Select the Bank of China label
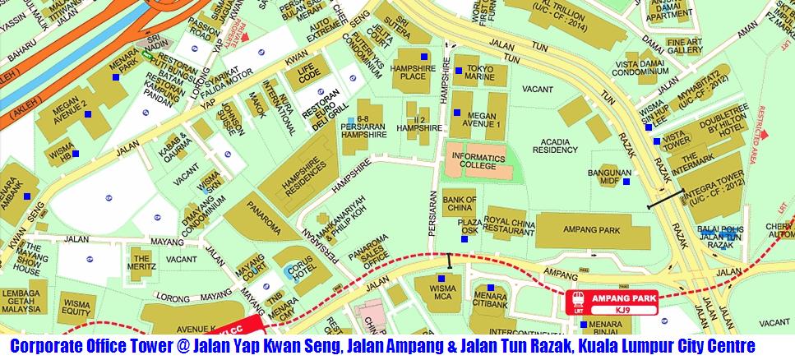(x=460, y=204)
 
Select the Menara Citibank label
(x=490, y=302)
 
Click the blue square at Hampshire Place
(x=423, y=56)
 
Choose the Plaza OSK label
(x=469, y=226)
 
